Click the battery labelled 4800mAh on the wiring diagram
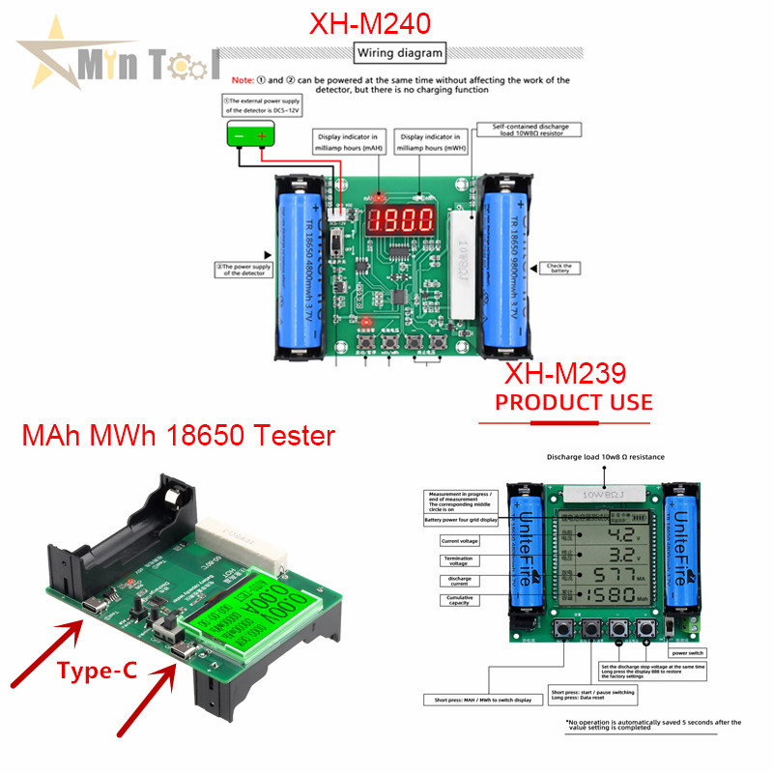[x=301, y=263]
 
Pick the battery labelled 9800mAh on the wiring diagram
[x=504, y=263]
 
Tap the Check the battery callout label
[x=559, y=268]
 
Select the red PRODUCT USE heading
[x=573, y=401]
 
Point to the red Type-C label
[x=94, y=670]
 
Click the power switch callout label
[x=696, y=652]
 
